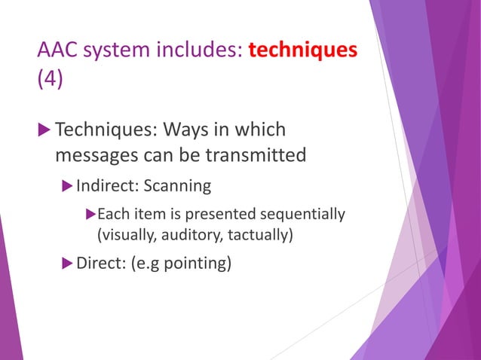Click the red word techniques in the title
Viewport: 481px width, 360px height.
(302, 50)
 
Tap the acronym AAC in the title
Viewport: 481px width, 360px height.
(59, 51)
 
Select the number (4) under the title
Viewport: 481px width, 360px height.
(50, 79)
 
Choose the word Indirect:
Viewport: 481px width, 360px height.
(103, 185)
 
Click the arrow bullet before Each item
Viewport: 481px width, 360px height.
(91, 215)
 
